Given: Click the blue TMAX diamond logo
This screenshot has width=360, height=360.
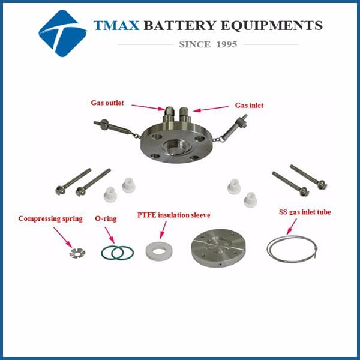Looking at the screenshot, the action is coord(62,33).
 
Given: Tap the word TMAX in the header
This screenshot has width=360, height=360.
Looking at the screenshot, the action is coord(116,25).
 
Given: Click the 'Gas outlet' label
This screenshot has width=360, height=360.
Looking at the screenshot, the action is coord(107,103).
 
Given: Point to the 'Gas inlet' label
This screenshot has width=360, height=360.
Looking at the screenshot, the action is coord(249,106).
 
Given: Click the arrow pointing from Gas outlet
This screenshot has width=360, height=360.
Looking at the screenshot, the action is coord(148,107).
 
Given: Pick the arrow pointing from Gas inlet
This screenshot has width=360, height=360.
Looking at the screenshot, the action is coord(211,109).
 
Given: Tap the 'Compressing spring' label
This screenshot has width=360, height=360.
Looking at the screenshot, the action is coord(50,218).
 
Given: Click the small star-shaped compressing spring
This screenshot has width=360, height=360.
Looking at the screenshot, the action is coord(77,253).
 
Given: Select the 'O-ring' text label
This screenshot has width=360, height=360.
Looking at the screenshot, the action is coord(106,218).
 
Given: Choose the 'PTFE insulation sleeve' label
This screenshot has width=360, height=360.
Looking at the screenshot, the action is coord(173,215).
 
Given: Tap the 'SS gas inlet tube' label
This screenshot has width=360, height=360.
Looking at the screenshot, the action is coord(305,212).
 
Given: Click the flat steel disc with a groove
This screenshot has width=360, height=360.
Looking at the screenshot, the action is coord(218,248).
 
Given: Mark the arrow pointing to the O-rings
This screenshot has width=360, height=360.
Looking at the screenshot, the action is coord(110,235).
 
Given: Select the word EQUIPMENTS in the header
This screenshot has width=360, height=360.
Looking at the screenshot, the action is coord(271,25).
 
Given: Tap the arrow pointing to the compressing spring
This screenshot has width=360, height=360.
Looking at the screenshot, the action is coord(62,238).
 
